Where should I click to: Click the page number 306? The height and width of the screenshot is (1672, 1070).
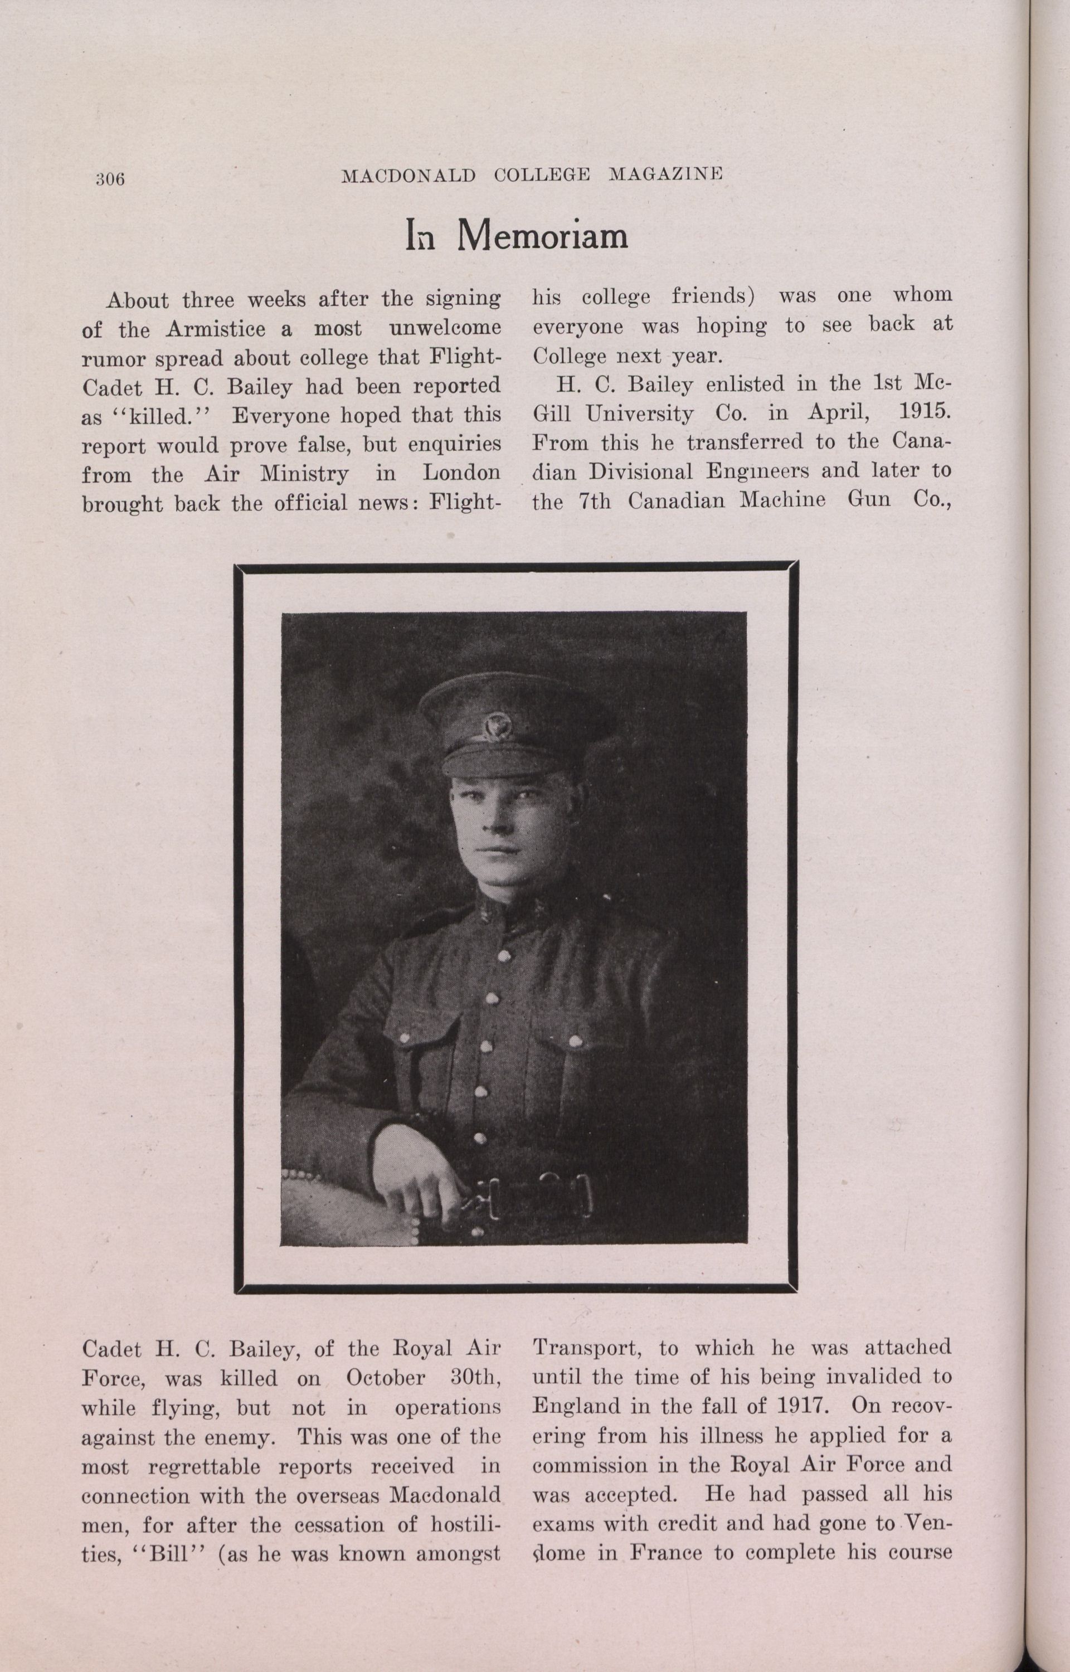pos(110,179)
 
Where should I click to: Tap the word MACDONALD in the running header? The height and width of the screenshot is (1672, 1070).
pos(408,175)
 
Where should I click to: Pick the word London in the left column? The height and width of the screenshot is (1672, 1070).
pos(461,473)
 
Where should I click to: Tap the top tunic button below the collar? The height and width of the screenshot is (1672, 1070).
pos(503,955)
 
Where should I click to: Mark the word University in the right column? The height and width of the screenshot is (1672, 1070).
pos(639,414)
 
